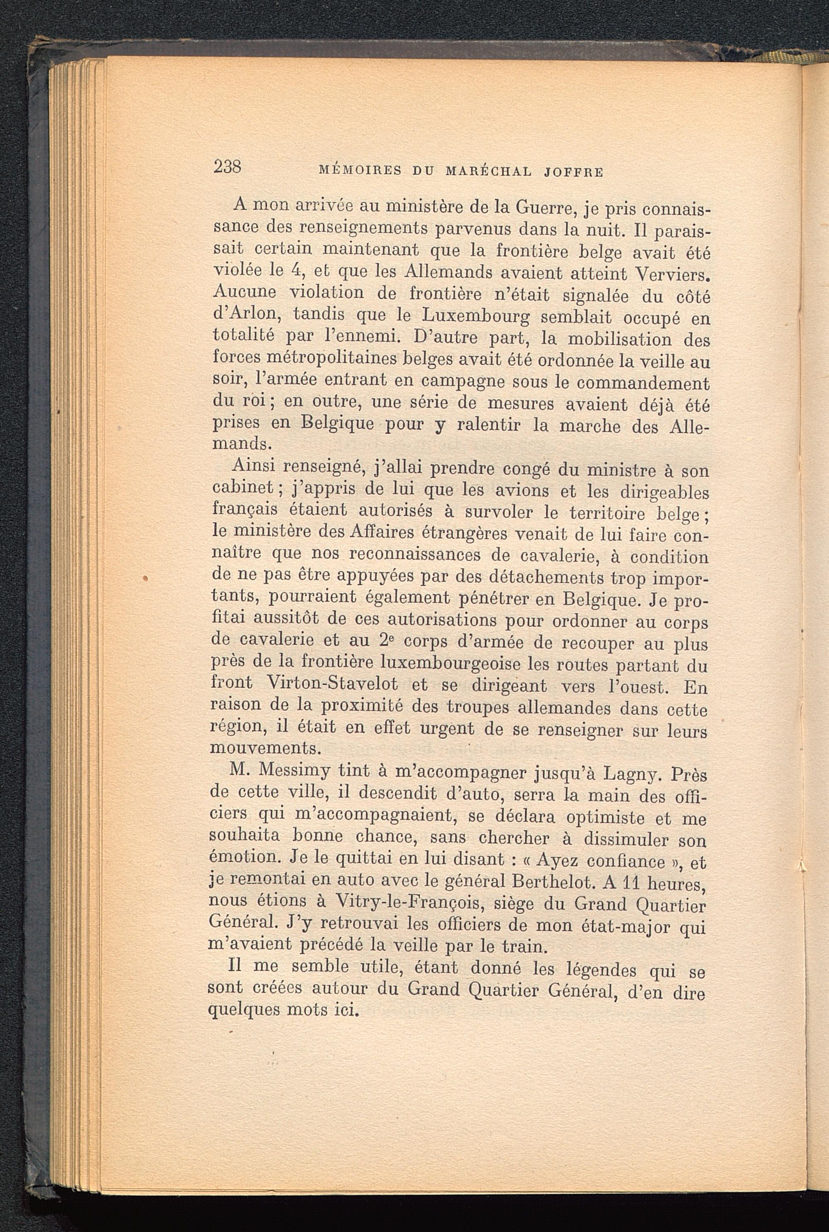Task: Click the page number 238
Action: [x=227, y=167]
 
